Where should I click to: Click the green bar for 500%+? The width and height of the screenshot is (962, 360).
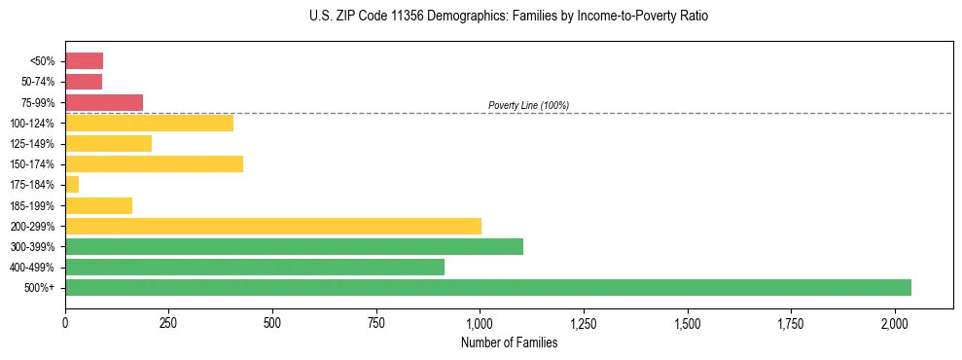(x=487, y=287)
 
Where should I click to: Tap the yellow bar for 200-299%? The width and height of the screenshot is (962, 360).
(x=272, y=226)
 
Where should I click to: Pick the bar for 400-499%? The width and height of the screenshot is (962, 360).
(x=254, y=267)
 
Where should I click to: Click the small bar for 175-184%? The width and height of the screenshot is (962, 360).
(x=72, y=184)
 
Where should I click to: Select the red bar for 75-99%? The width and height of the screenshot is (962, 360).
(x=104, y=102)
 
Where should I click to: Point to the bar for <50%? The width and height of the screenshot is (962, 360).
(x=84, y=61)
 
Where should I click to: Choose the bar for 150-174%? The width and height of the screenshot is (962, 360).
(x=154, y=163)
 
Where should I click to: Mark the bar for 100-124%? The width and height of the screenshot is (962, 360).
(x=149, y=123)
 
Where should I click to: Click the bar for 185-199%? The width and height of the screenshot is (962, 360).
(x=98, y=205)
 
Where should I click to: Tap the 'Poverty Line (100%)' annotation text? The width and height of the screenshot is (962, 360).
(x=528, y=105)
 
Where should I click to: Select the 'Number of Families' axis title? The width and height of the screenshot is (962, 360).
(x=509, y=342)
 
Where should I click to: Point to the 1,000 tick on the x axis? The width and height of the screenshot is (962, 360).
(x=480, y=322)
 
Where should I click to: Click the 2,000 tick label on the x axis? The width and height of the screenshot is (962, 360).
(x=895, y=322)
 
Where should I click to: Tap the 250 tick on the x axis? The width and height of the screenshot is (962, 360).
(x=168, y=322)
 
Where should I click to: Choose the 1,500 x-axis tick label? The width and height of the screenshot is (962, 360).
(x=688, y=322)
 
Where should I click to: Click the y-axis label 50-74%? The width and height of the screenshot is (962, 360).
(x=39, y=82)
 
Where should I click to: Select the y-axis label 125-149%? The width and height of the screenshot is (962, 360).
(x=34, y=143)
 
